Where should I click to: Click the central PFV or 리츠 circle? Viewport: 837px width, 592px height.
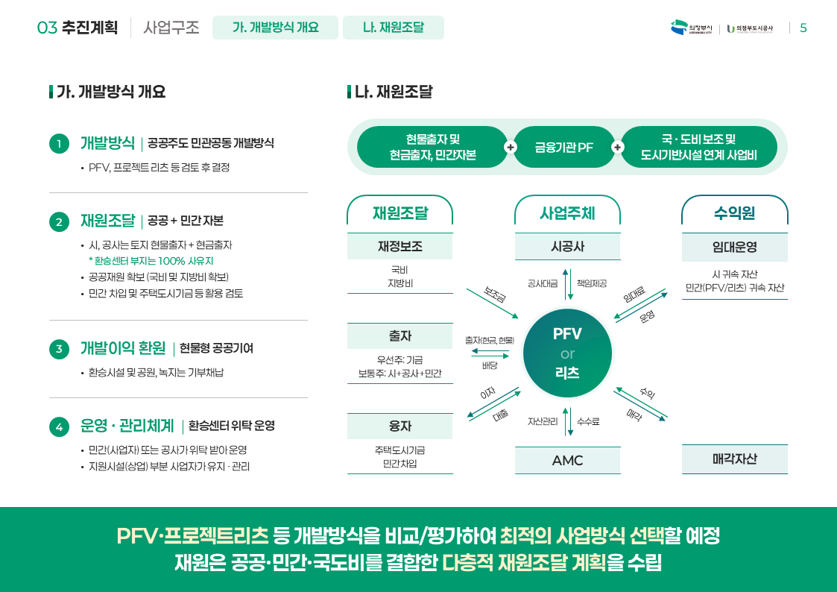pos(567,353)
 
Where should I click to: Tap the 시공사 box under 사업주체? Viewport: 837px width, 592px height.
pos(567,246)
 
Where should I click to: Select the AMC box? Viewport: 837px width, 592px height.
pos(567,460)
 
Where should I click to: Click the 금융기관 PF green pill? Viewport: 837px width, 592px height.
pos(563,147)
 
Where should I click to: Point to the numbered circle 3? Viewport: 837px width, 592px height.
pos(59,349)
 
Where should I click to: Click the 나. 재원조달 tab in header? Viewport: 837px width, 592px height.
pos(393,28)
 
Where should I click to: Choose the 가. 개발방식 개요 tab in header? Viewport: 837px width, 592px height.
pos(275,28)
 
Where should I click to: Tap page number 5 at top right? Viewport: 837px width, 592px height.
pos(803,28)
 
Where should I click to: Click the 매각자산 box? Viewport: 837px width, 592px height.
pos(734,459)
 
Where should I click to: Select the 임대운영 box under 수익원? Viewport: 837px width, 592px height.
pos(734,246)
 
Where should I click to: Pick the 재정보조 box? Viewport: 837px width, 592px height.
pos(399,246)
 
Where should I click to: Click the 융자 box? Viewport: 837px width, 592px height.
pos(399,426)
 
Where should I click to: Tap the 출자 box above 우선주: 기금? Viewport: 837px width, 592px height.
pos(399,336)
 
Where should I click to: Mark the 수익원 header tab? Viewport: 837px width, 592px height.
pos(734,213)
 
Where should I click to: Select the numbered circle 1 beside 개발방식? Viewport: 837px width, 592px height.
pos(59,144)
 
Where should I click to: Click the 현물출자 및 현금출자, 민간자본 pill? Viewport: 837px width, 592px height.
pos(432,147)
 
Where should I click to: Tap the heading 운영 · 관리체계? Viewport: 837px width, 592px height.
pos(127,426)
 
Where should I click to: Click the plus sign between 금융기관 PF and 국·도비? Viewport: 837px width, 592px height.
pos(617,148)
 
